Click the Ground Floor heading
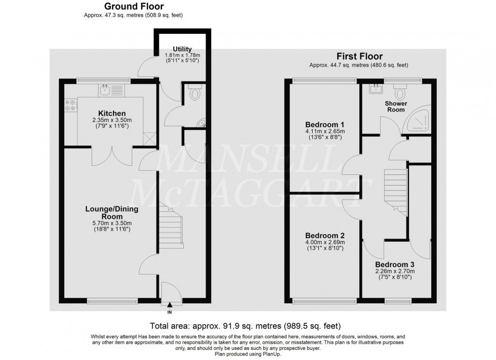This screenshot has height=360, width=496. (x=133, y=7)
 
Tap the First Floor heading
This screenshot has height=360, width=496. (x=359, y=56)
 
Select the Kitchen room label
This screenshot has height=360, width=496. (x=112, y=113)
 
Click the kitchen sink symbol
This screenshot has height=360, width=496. (x=105, y=91)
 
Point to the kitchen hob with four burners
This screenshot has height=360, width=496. (x=70, y=104)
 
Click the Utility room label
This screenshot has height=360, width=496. (x=182, y=49)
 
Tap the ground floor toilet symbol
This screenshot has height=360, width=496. (x=194, y=94)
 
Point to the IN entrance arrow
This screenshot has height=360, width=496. (x=170, y=304)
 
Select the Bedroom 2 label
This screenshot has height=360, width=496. (x=325, y=236)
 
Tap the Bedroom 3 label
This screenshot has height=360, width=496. (x=394, y=264)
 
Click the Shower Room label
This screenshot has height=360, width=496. (x=397, y=107)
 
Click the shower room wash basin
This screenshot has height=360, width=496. (x=377, y=90)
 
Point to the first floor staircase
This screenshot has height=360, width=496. (x=396, y=190)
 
